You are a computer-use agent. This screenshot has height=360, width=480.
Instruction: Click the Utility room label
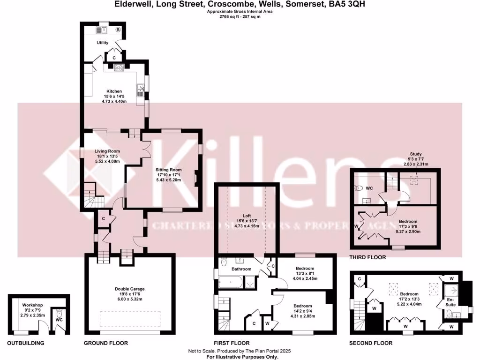pyautogui.click(x=103, y=43)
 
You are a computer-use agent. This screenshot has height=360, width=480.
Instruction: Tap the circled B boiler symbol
pyautogui.click(x=118, y=30)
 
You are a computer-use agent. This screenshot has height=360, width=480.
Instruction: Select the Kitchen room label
pyautogui.click(x=114, y=91)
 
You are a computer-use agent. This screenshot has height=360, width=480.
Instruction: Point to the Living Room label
pyautogui.click(x=107, y=151)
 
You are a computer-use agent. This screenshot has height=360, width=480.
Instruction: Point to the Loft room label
pyautogui.click(x=247, y=216)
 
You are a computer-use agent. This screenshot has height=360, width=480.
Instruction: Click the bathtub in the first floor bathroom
pyautogui.click(x=231, y=282)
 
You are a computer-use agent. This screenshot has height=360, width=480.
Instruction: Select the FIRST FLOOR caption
pyautogui.click(x=232, y=343)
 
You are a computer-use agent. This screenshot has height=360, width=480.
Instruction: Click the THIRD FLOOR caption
pyautogui.click(x=368, y=257)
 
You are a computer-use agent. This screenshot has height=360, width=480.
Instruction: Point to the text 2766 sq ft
pyautogui.click(x=230, y=17)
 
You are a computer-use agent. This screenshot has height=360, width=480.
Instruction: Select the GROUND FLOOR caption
pyautogui.click(x=106, y=343)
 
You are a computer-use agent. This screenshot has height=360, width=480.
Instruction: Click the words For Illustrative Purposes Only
pyautogui.click(x=240, y=356)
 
